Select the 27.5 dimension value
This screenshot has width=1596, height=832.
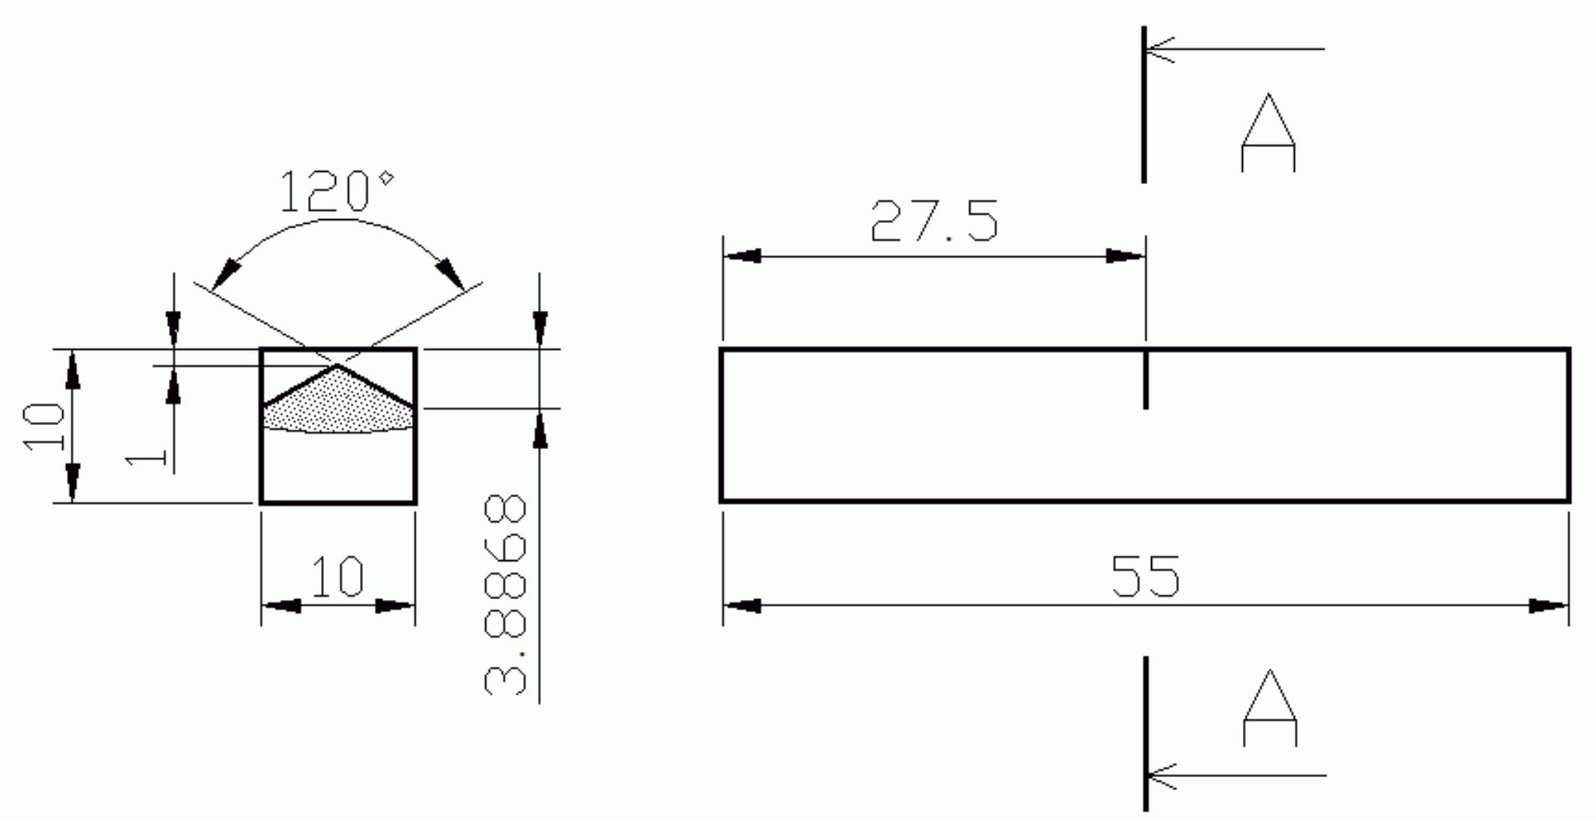[934, 221]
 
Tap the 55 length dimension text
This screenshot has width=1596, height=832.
[1145, 577]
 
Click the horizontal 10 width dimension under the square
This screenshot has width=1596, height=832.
[337, 577]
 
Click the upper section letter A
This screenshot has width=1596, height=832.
[1268, 133]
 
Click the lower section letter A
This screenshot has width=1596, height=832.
[1269, 708]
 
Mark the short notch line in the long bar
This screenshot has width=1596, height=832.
[1145, 380]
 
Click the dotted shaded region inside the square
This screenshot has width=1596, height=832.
[338, 405]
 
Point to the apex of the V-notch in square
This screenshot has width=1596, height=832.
[337, 366]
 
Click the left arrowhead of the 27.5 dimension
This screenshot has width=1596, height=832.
[742, 256]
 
